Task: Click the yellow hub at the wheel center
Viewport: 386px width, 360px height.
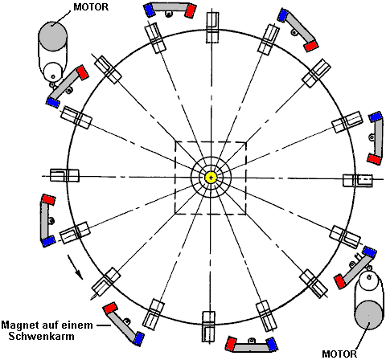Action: click(211, 177)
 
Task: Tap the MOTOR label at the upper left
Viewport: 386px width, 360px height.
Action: click(91, 7)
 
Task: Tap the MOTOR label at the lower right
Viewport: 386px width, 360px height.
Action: click(339, 354)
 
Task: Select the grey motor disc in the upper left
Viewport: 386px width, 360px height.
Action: click(53, 36)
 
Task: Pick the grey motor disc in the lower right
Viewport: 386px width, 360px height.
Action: click(368, 315)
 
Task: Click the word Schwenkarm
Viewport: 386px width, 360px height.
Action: click(41, 337)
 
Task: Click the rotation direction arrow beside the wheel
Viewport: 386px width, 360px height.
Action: click(75, 267)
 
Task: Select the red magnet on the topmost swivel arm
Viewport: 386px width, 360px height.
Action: click(191, 10)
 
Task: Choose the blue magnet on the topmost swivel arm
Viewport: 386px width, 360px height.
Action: click(149, 10)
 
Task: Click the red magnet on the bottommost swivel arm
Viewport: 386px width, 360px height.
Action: click(232, 344)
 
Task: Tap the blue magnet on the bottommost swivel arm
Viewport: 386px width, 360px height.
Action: click(272, 344)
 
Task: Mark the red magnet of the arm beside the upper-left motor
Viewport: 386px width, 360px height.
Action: click(83, 72)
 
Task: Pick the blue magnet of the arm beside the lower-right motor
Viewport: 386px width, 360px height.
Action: click(369, 252)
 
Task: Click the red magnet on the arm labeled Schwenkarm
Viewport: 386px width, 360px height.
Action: click(110, 308)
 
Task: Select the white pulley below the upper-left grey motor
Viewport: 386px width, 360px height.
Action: click(53, 72)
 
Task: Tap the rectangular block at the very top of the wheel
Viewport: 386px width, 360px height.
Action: click(213, 27)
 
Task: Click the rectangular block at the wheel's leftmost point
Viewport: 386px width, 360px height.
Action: click(64, 175)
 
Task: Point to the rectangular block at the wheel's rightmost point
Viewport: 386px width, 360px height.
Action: click(358, 181)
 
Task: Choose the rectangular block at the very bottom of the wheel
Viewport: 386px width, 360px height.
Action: click(209, 326)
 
